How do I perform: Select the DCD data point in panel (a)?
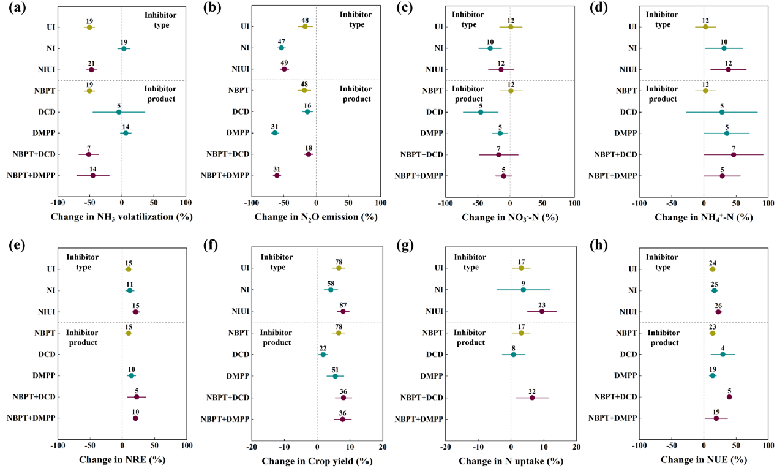119,112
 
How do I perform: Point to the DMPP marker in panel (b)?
275,133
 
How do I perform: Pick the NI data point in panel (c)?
490,48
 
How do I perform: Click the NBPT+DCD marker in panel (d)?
734,154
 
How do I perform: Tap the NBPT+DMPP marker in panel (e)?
135,418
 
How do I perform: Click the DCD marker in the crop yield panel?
323,355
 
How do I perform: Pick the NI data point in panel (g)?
523,290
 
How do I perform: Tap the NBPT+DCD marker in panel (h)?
729,397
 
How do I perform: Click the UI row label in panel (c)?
439,27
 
